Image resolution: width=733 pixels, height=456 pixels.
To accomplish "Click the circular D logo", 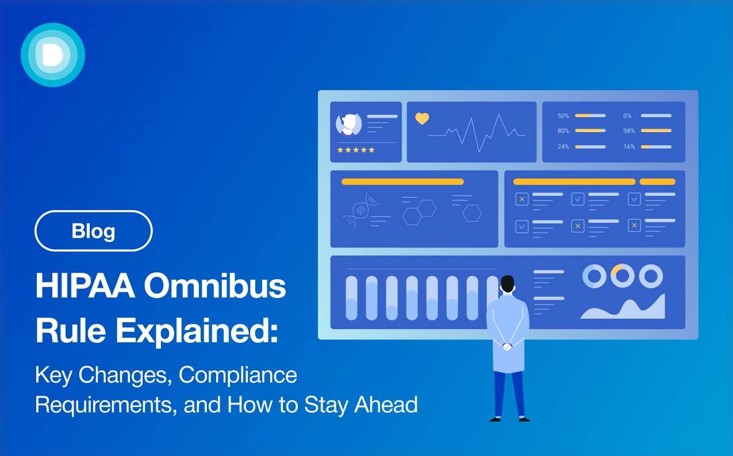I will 53,55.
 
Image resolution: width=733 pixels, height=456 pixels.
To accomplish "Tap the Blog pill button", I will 94,231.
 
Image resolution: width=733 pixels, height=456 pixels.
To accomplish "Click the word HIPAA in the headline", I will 85,287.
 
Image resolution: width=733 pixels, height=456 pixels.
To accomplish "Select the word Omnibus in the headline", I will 214,287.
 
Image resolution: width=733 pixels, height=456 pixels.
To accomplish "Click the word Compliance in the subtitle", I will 238,375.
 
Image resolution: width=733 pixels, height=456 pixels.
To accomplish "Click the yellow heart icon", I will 422,119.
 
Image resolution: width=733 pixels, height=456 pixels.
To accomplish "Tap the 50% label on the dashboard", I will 563,115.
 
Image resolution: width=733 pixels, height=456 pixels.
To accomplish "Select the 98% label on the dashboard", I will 629,131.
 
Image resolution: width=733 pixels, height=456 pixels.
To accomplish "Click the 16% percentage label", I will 629,146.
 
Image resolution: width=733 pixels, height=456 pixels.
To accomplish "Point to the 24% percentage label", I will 563,146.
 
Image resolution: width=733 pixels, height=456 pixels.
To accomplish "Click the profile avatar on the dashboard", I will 349,124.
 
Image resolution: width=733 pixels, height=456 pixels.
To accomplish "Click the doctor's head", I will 507,284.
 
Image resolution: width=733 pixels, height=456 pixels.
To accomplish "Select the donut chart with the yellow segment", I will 622,276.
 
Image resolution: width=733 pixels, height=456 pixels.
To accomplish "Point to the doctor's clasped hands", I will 507,346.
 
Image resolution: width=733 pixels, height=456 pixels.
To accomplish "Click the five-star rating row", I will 356,150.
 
